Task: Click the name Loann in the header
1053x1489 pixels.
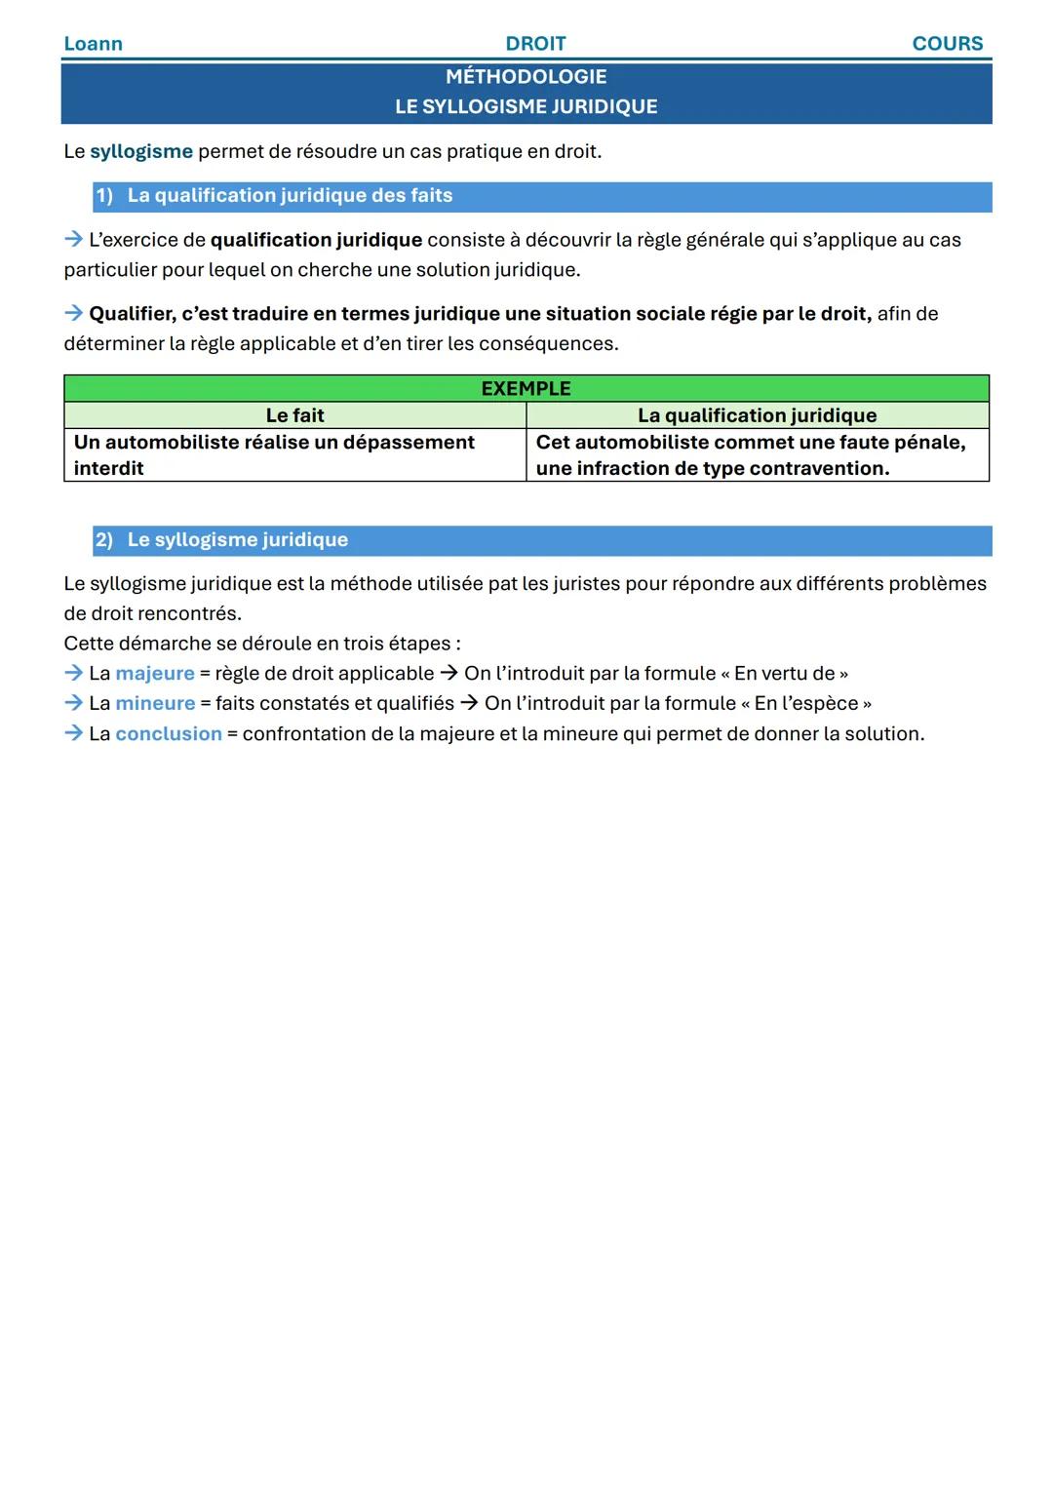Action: click(93, 44)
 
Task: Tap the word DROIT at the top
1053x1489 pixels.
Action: click(535, 44)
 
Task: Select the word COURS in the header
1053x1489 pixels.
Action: click(947, 44)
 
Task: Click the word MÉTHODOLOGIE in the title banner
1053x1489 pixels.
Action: click(526, 77)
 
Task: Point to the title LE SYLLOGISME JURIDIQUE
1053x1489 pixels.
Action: click(526, 107)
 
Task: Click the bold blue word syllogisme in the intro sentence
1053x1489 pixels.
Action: click(141, 152)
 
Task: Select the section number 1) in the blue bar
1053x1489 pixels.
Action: click(104, 196)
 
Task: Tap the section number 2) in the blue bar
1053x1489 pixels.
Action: click(104, 540)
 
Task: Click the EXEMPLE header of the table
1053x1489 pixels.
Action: click(526, 389)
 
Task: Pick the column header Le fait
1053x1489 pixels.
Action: click(294, 415)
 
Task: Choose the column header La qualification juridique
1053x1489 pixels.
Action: click(757, 415)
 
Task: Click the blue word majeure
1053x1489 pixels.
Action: click(155, 674)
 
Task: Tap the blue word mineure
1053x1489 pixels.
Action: click(155, 704)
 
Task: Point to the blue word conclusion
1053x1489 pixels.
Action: click(169, 734)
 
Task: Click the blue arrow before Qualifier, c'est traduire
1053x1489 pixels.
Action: click(74, 314)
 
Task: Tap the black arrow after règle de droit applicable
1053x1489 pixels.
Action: click(448, 674)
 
